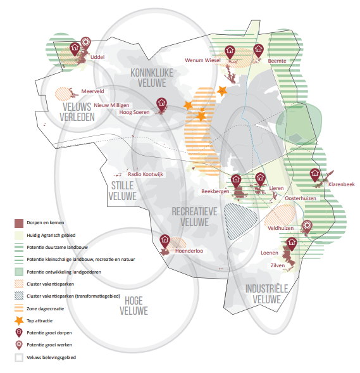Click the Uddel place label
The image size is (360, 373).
click(x=97, y=57)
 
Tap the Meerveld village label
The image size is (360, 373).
click(x=92, y=91)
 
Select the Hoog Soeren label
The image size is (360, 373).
click(x=135, y=112)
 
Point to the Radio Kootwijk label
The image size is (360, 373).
click(x=146, y=174)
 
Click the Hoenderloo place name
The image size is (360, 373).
click(x=189, y=251)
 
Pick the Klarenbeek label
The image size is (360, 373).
click(x=342, y=184)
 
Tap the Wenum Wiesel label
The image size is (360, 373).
click(x=202, y=60)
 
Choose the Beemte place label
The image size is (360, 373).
click(x=277, y=61)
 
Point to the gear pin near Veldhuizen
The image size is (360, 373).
click(x=307, y=227)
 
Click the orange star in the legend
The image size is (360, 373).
click(x=19, y=321)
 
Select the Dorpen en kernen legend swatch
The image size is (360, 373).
click(x=19, y=224)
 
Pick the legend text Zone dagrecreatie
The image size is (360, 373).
click(x=45, y=309)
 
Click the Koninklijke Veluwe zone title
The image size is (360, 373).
click(x=152, y=78)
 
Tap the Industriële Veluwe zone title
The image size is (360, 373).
click(x=266, y=294)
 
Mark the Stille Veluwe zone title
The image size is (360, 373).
click(x=123, y=191)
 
